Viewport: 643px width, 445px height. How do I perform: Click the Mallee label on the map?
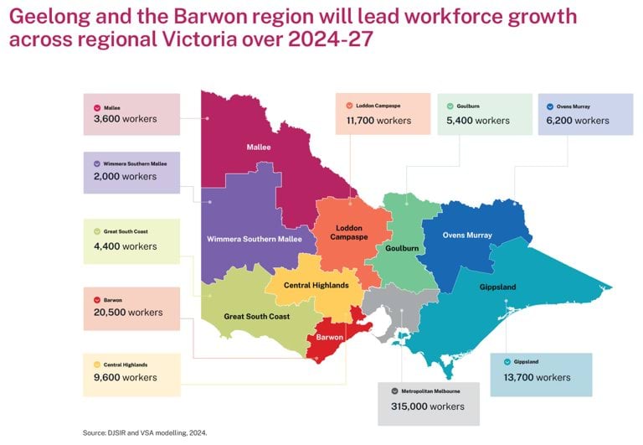pyautogui.click(x=259, y=147)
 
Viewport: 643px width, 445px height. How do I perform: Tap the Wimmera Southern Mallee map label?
pyautogui.click(x=255, y=239)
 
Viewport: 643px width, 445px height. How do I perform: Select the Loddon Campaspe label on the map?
pyautogui.click(x=348, y=232)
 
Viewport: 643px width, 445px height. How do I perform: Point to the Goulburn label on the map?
pyautogui.click(x=403, y=248)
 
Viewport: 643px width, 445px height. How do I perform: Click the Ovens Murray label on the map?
pyautogui.click(x=467, y=235)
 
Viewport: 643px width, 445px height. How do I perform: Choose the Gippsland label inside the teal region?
pyautogui.click(x=498, y=287)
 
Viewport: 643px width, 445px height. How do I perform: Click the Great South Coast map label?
pyautogui.click(x=256, y=316)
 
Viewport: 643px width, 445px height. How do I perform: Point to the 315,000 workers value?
pyautogui.click(x=427, y=406)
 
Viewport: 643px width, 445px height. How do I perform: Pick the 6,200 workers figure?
pyautogui.click(x=578, y=121)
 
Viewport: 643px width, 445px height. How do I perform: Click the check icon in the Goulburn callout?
pyautogui.click(x=450, y=106)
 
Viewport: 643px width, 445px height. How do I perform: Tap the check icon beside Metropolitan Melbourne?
pyautogui.click(x=394, y=391)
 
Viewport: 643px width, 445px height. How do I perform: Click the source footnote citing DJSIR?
pyautogui.click(x=144, y=432)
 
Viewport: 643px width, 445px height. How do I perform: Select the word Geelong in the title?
pyautogui.click(x=49, y=18)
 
